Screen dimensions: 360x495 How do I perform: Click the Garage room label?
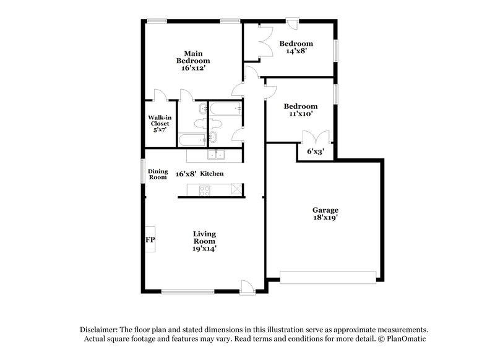[325, 210]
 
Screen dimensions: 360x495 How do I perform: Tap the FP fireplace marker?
[150, 239]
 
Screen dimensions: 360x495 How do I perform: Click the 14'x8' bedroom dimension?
[295, 51]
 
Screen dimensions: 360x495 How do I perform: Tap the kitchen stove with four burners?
[205, 191]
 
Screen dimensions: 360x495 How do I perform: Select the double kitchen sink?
[215, 155]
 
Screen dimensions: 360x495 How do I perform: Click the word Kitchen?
[212, 174]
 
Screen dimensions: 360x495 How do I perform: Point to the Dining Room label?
[158, 174]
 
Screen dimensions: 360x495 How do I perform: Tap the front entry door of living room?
[247, 286]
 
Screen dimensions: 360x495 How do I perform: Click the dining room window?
[142, 170]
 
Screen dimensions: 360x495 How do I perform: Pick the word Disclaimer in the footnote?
[100, 330]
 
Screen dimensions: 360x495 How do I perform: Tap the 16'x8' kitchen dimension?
[184, 174]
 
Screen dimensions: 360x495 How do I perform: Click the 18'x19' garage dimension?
[325, 218]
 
